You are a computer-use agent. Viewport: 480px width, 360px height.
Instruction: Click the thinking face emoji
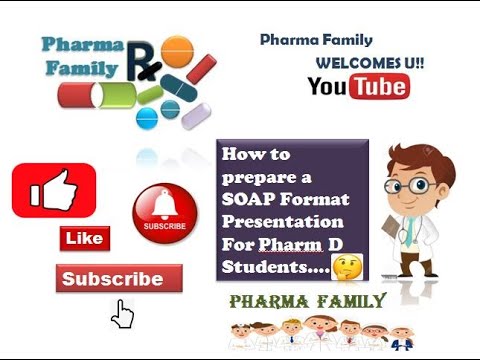[x=346, y=267]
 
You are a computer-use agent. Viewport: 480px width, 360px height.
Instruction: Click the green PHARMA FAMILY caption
[x=307, y=301]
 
